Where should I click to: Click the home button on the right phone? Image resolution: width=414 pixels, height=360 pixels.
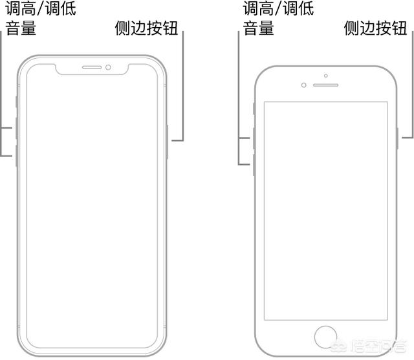325,337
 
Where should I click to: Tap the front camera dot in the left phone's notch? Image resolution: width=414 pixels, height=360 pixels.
108,67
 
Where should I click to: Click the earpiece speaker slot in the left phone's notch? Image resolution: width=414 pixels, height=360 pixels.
92,67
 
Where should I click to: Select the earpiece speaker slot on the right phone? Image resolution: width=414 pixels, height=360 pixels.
325,85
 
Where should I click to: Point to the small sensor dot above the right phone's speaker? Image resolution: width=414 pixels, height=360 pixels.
326,76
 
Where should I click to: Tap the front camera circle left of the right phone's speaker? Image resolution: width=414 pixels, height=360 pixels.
304,85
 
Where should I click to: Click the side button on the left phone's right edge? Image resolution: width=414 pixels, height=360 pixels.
167,142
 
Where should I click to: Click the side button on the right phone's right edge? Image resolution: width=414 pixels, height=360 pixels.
397,138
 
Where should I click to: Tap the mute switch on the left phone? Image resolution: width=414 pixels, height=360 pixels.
17,102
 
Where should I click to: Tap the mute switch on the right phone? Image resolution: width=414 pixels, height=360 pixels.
254,109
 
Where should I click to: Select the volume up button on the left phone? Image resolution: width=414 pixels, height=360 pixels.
17,129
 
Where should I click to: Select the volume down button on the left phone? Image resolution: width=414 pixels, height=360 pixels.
17,156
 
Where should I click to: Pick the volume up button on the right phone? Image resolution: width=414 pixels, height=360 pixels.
254,138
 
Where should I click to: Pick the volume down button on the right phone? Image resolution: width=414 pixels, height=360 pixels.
254,165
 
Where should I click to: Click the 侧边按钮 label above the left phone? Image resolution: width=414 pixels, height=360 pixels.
146,28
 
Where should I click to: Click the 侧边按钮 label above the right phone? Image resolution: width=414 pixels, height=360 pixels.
375,28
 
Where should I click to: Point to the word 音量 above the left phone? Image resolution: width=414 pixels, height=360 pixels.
21,28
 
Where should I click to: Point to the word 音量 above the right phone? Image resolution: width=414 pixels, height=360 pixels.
258,28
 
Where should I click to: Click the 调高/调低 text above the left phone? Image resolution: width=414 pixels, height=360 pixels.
41,8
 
